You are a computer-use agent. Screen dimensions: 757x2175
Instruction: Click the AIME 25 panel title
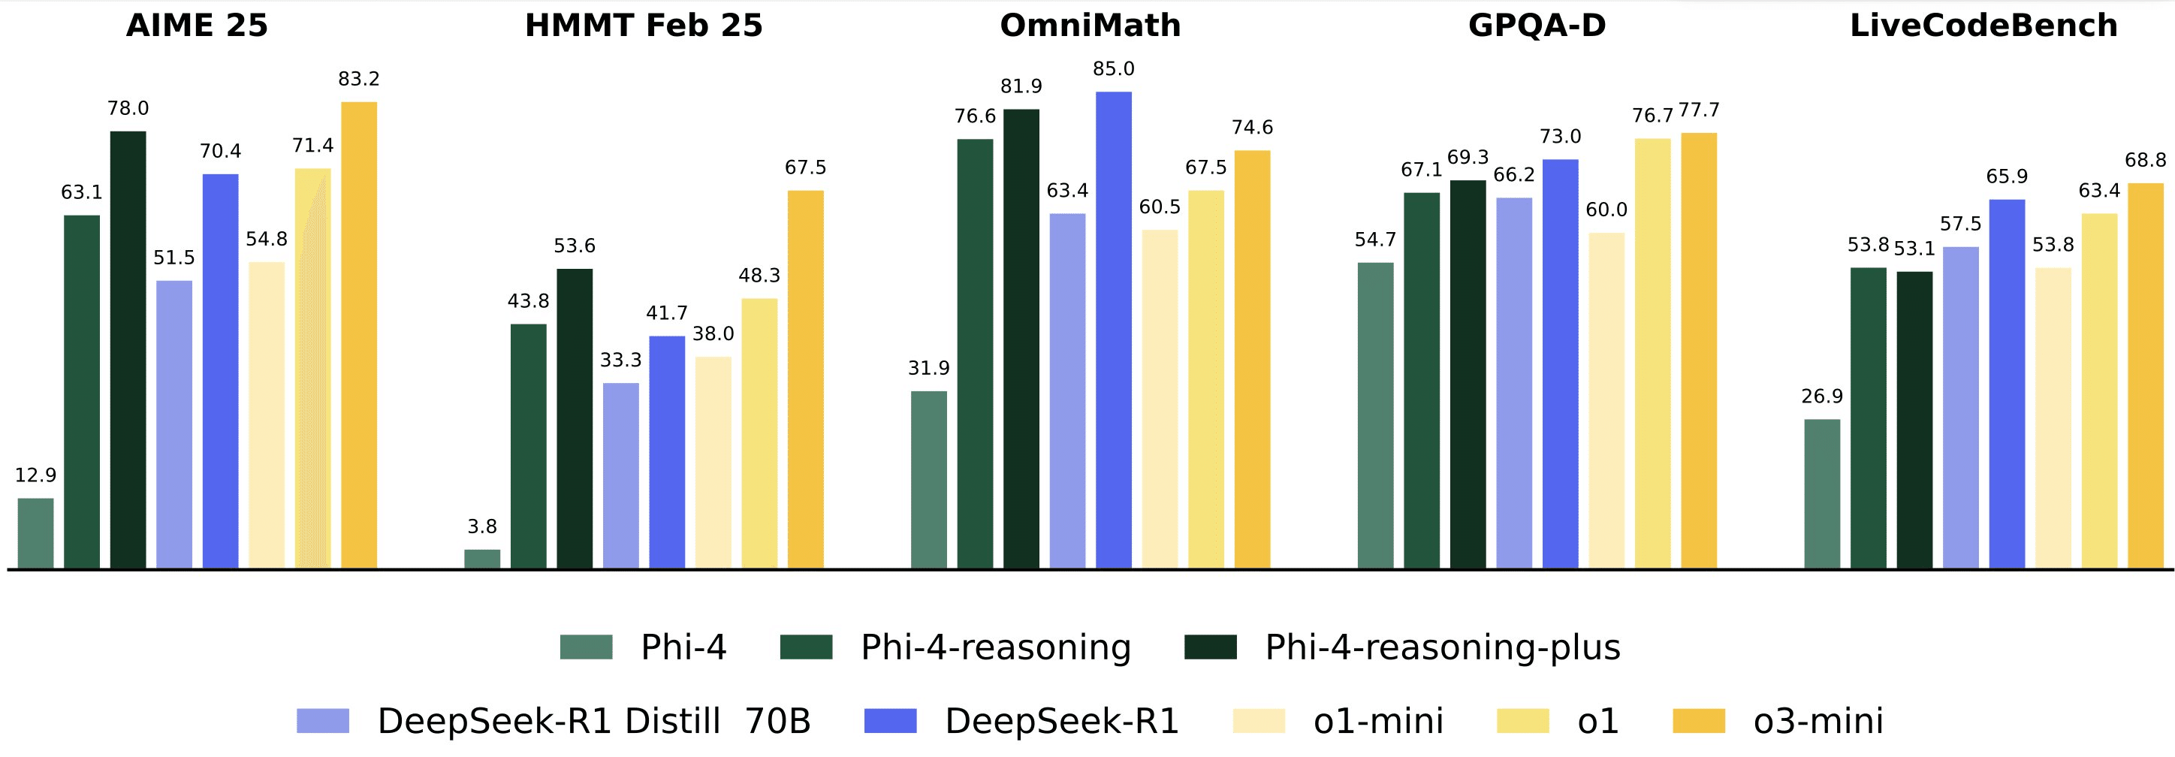[197, 26]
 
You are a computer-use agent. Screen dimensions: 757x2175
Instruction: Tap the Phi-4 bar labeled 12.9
[35, 533]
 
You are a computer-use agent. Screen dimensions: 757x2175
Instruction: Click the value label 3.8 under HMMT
[482, 526]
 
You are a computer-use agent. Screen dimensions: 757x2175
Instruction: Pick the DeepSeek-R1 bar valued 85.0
[1114, 330]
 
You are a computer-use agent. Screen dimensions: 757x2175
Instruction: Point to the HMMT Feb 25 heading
[644, 26]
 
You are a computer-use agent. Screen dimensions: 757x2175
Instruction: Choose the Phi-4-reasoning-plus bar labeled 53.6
[575, 418]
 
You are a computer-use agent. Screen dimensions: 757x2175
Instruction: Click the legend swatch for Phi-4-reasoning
[807, 647]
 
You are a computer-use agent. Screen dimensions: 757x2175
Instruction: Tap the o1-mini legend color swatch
[1259, 721]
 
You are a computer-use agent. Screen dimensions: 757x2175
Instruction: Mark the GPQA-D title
[1537, 26]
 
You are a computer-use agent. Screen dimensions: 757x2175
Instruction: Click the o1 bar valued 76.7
[1652, 354]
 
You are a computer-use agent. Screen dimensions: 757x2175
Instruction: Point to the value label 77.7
[1699, 110]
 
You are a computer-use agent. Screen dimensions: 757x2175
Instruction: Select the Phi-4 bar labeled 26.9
[1822, 493]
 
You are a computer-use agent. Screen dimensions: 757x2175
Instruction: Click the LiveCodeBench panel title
[1983, 26]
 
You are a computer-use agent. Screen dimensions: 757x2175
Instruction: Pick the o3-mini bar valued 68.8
[2146, 375]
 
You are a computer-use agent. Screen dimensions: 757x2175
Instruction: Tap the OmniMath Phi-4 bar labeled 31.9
[929, 479]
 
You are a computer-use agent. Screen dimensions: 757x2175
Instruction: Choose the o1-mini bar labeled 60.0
[1606, 401]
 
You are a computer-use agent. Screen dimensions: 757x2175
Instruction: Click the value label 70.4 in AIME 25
[220, 151]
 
